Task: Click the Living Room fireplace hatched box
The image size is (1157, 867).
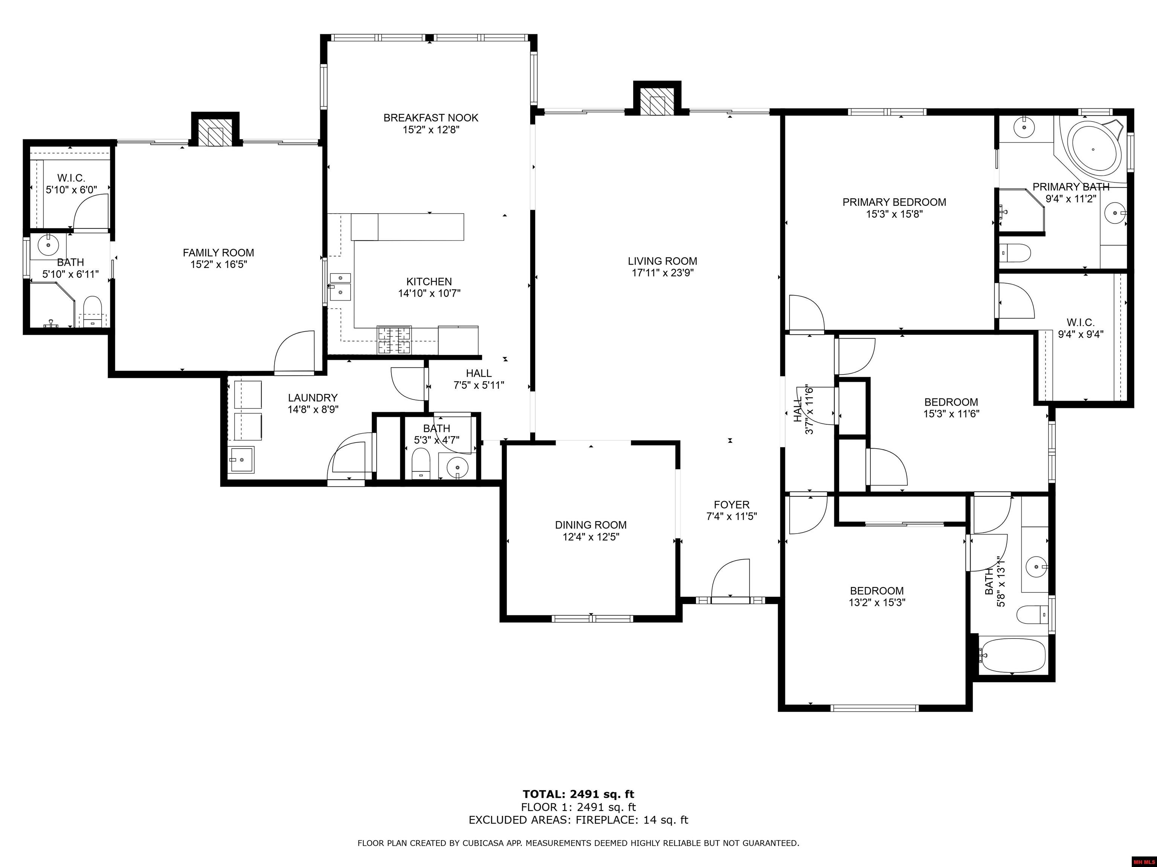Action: tap(657, 106)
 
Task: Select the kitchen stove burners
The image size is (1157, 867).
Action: tap(394, 340)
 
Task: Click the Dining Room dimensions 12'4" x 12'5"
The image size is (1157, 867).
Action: tap(591, 537)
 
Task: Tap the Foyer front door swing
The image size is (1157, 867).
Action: tap(730, 578)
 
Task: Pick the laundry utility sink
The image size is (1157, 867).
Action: tap(241, 459)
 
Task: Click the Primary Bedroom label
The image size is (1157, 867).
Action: tap(894, 202)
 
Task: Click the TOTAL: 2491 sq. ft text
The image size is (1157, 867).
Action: tap(578, 795)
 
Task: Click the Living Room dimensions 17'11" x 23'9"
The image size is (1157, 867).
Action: tap(662, 273)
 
